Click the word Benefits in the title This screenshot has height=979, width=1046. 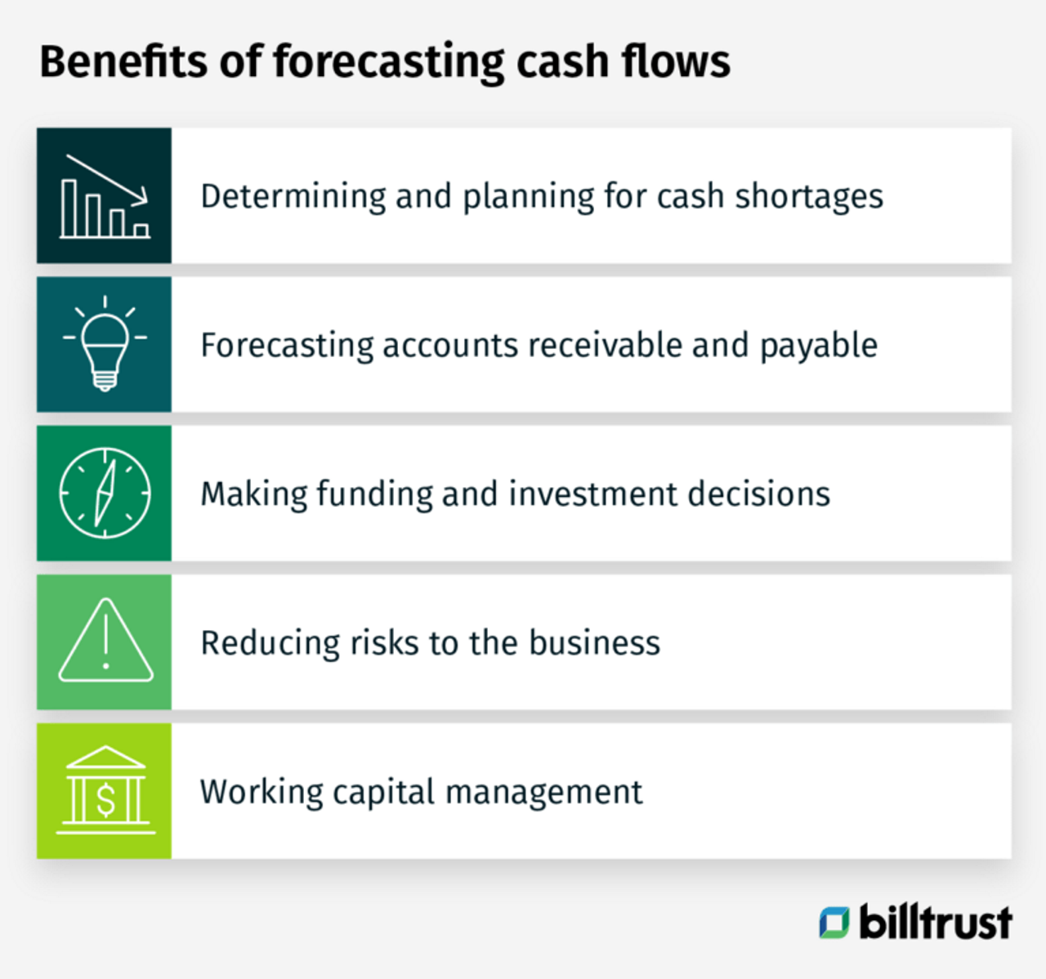pos(123,61)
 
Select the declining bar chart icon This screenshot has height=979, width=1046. pos(105,196)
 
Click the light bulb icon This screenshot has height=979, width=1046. pos(105,343)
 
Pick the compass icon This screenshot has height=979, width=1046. pos(105,494)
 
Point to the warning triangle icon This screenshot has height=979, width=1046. pos(105,640)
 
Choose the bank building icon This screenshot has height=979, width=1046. pos(106,790)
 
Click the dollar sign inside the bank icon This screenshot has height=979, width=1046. pos(106,800)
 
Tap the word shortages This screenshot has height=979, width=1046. pos(809,197)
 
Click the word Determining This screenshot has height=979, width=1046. pos(293,197)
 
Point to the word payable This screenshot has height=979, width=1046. pos(819,346)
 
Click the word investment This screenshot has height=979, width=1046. pos(593,494)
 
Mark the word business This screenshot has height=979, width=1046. pos(594,643)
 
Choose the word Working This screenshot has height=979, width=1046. pos(261,793)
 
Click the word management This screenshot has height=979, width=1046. pos(544,793)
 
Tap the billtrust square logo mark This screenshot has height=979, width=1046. pos(834,923)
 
